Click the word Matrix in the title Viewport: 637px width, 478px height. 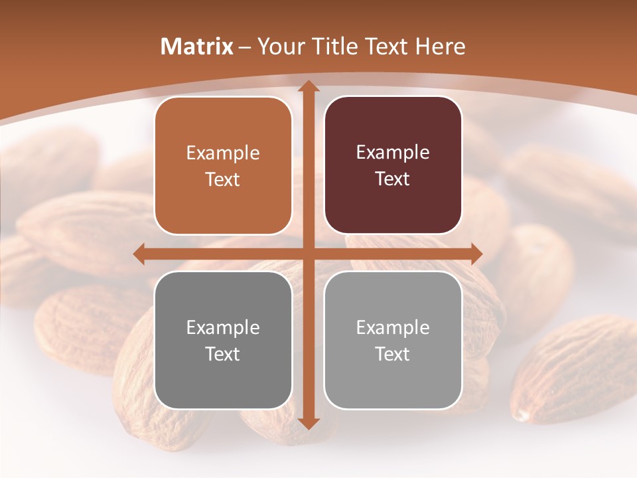(197, 46)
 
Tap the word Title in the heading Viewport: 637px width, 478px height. (337, 46)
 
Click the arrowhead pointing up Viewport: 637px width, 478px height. (308, 86)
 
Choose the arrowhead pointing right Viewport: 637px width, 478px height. (476, 254)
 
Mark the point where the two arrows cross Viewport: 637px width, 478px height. (308, 254)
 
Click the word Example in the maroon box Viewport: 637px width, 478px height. (393, 153)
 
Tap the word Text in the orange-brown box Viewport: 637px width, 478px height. (223, 179)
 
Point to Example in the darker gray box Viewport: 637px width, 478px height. (223, 327)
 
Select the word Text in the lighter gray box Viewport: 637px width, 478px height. (393, 354)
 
